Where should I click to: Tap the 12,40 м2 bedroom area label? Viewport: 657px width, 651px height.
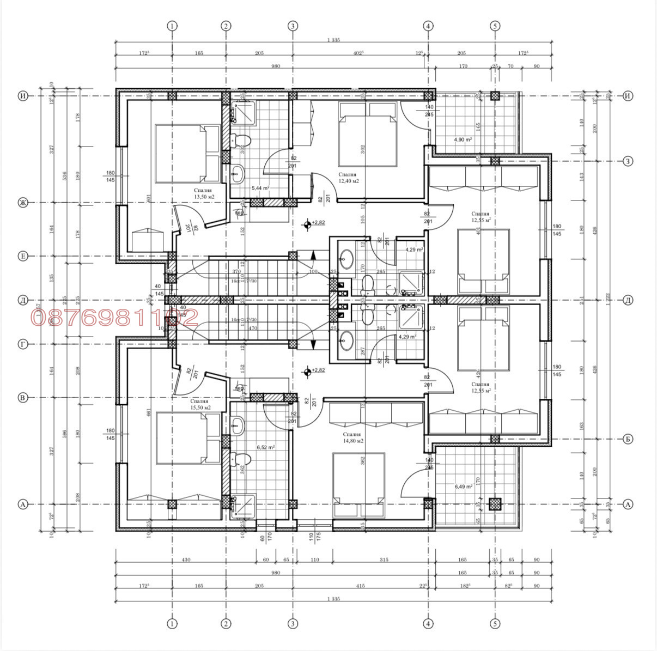tap(348, 181)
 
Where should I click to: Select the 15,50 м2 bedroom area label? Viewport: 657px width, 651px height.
tap(200, 407)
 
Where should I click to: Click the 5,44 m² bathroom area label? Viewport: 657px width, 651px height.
tap(260, 187)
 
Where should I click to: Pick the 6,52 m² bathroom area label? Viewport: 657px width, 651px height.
tap(265, 447)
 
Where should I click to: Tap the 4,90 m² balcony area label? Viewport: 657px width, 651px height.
tap(463, 139)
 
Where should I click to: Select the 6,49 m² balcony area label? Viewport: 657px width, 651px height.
tap(463, 486)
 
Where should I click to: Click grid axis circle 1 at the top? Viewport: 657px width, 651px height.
tap(172, 26)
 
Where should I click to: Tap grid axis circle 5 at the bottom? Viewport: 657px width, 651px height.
tap(495, 624)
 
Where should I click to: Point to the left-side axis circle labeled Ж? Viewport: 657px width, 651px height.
tap(23, 203)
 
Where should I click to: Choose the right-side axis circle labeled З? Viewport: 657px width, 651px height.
tap(628, 161)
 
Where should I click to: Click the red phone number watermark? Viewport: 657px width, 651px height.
tap(114, 318)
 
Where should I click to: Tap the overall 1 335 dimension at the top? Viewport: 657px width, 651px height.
tap(333, 40)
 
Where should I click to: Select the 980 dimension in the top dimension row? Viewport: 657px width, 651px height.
tap(275, 66)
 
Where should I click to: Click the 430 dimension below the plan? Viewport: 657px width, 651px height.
tap(186, 559)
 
